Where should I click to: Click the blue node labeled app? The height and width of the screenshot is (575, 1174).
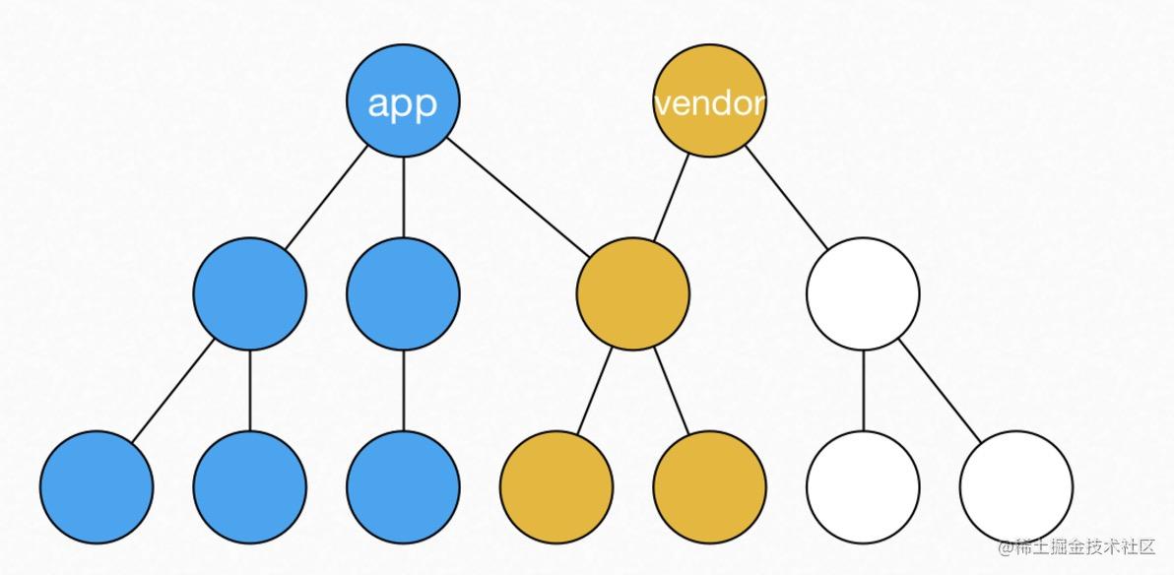click(403, 100)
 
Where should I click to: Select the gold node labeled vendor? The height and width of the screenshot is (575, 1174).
click(709, 100)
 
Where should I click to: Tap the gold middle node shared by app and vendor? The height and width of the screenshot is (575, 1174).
click(632, 293)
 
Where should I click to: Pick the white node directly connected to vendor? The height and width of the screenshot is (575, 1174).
click(863, 293)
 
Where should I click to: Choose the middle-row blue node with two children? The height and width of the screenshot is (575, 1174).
click(249, 293)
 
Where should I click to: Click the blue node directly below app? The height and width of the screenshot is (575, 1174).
click(403, 293)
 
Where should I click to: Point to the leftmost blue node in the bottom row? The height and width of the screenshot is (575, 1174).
click(97, 486)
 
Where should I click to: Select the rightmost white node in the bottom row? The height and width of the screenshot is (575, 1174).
click(1015, 486)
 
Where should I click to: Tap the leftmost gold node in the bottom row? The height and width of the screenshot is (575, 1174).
click(556, 486)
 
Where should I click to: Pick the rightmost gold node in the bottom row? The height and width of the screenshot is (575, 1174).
click(709, 486)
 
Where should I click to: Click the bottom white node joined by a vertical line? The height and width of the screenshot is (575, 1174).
click(863, 486)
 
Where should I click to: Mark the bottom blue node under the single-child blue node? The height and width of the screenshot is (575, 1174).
click(403, 486)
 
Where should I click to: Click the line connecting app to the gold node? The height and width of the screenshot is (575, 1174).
click(518, 197)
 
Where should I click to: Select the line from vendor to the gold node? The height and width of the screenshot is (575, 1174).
click(671, 198)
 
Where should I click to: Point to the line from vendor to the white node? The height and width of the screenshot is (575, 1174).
click(786, 197)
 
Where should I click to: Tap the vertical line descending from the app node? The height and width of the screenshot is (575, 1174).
click(403, 197)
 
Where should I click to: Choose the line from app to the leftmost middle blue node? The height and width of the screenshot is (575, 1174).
click(326, 197)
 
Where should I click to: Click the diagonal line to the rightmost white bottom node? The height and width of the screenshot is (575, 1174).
click(939, 390)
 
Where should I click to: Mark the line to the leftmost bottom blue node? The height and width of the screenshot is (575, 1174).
click(173, 390)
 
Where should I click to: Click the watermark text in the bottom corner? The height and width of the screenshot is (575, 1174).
click(1078, 546)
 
